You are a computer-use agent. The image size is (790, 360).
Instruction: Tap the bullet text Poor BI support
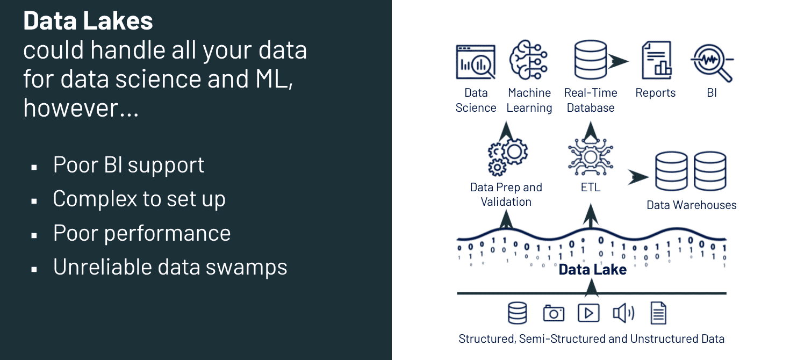pos(128,165)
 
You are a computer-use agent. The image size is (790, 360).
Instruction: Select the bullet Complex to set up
pos(139,199)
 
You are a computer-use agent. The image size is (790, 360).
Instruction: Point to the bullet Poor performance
pos(141,233)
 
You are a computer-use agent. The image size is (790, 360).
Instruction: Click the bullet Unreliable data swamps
pos(170,267)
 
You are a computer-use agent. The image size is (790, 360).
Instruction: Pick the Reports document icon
pos(657,61)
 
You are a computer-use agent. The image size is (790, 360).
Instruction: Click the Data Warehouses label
pos(691,205)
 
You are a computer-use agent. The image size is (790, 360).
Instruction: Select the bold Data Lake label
pos(592,269)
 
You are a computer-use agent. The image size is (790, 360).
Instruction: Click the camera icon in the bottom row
pos(553,313)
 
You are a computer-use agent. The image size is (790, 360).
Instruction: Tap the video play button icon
pos(588,313)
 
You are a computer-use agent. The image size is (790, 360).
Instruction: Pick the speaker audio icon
pos(623,313)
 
